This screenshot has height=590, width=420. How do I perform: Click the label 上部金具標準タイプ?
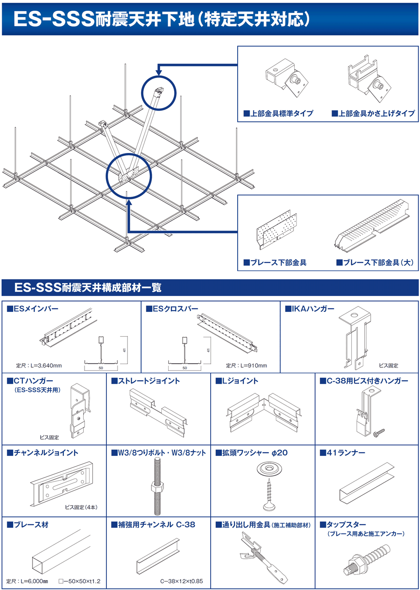278,114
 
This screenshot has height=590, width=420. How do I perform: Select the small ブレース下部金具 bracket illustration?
276,231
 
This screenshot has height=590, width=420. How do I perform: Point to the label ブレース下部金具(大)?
375,263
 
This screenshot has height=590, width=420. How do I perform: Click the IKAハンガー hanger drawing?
355,337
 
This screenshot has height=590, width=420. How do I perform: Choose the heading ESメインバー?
33,309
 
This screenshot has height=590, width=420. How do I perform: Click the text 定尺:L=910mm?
246,365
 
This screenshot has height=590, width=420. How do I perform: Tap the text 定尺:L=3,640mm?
39,365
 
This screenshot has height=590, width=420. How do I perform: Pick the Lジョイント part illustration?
263,413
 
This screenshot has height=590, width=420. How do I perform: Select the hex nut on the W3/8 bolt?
157,487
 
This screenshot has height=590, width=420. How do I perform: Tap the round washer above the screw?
269,468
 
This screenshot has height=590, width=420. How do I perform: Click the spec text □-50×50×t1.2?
79,581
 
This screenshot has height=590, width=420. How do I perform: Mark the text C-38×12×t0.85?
181,581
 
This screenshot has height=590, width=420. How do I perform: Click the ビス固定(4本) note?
81,507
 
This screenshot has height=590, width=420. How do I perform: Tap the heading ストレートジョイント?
146,381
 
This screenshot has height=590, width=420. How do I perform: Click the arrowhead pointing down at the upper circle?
159,73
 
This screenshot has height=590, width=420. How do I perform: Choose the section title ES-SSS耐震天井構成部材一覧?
88,288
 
